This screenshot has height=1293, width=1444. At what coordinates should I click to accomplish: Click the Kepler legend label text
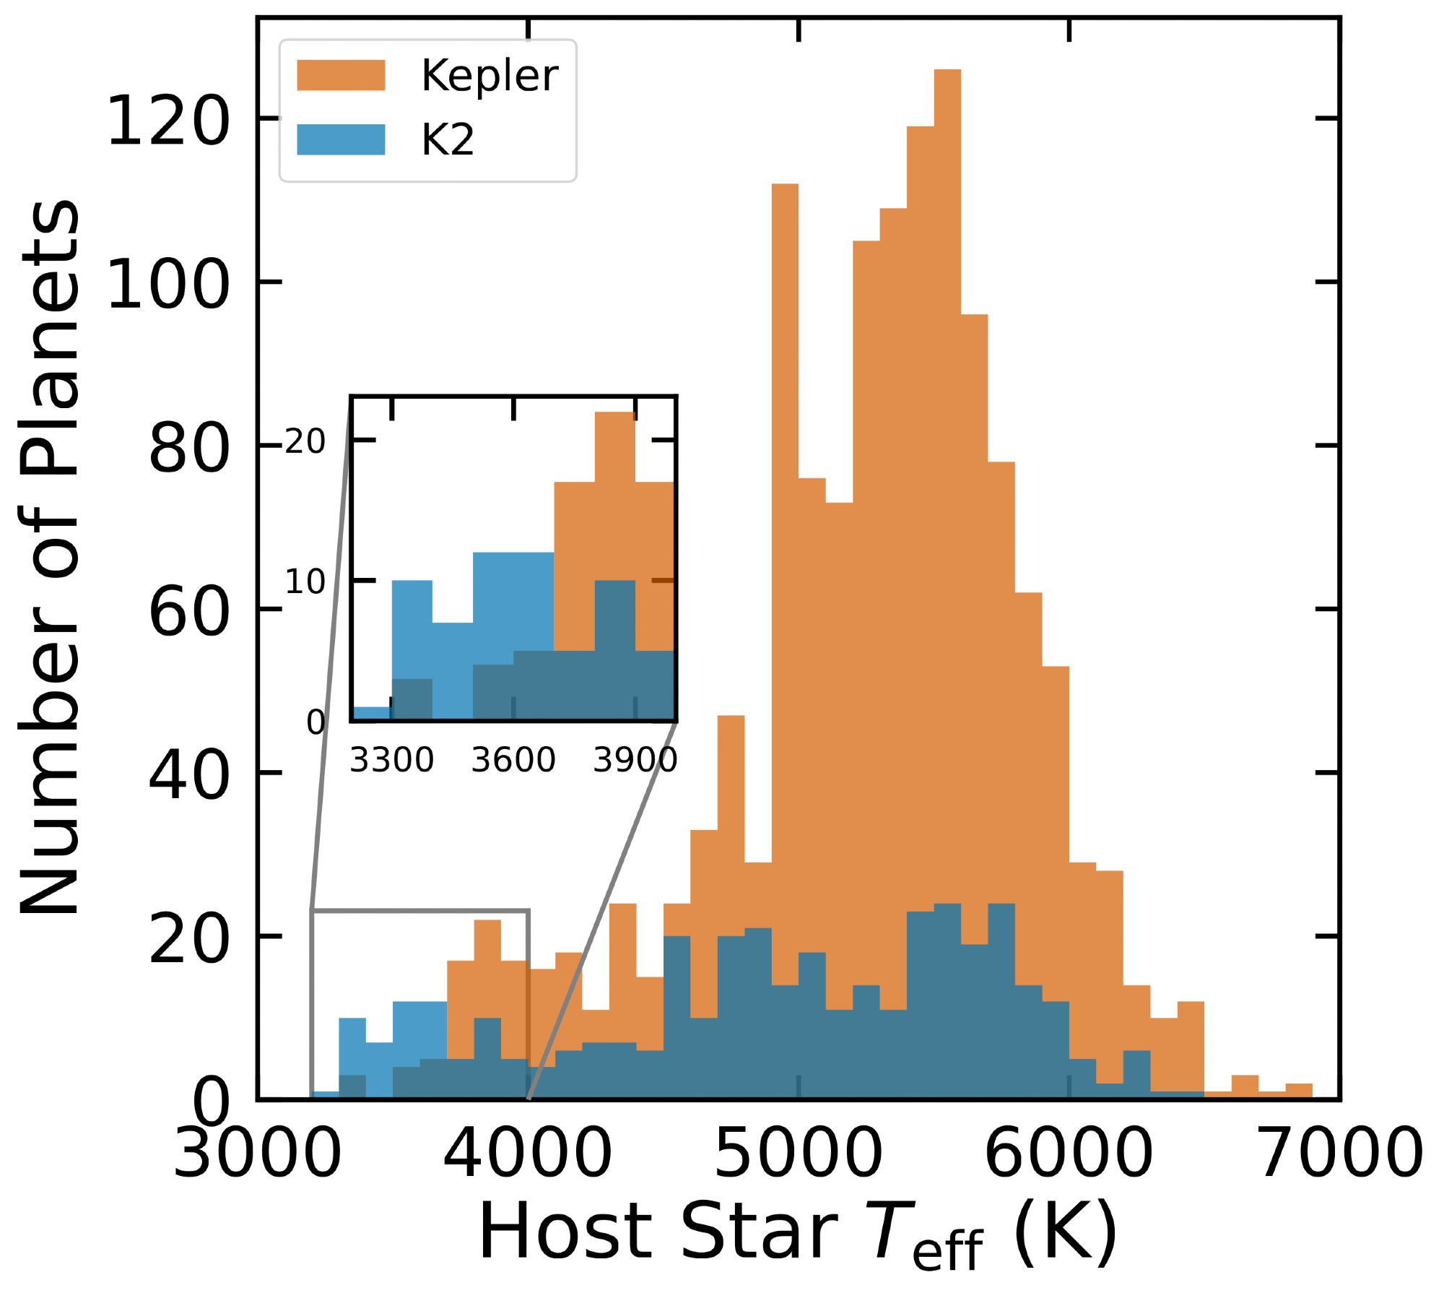[x=489, y=75]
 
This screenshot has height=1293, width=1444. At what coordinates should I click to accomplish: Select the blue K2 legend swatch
[x=341, y=139]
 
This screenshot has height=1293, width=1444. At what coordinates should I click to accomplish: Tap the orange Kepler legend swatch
[x=341, y=75]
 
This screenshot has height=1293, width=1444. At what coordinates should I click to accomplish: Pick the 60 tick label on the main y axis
[x=189, y=613]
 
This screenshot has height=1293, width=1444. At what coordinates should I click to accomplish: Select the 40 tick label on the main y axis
[x=189, y=777]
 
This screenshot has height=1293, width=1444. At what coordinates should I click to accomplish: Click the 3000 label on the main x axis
[x=257, y=1154]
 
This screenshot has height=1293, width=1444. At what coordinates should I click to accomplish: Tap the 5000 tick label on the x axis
[x=798, y=1154]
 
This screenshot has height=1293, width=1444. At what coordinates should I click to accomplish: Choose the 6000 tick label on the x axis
[x=1069, y=1154]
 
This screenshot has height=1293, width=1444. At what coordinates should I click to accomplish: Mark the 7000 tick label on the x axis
[x=1339, y=1154]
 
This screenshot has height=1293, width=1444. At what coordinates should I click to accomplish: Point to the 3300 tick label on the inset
[x=391, y=760]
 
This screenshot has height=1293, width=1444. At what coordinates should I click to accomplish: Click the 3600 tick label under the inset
[x=513, y=760]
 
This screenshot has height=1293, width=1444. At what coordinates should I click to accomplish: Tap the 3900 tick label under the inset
[x=635, y=760]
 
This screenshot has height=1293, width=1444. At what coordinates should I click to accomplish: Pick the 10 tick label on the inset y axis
[x=305, y=582]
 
